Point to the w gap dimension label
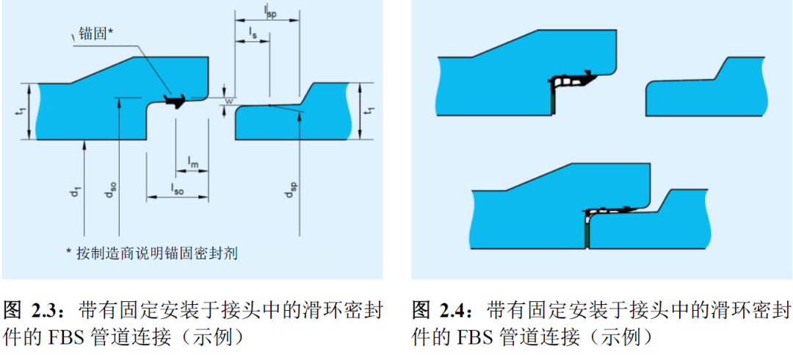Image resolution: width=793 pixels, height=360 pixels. (228, 101)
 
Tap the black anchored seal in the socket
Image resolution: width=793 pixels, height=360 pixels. (176, 99)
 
